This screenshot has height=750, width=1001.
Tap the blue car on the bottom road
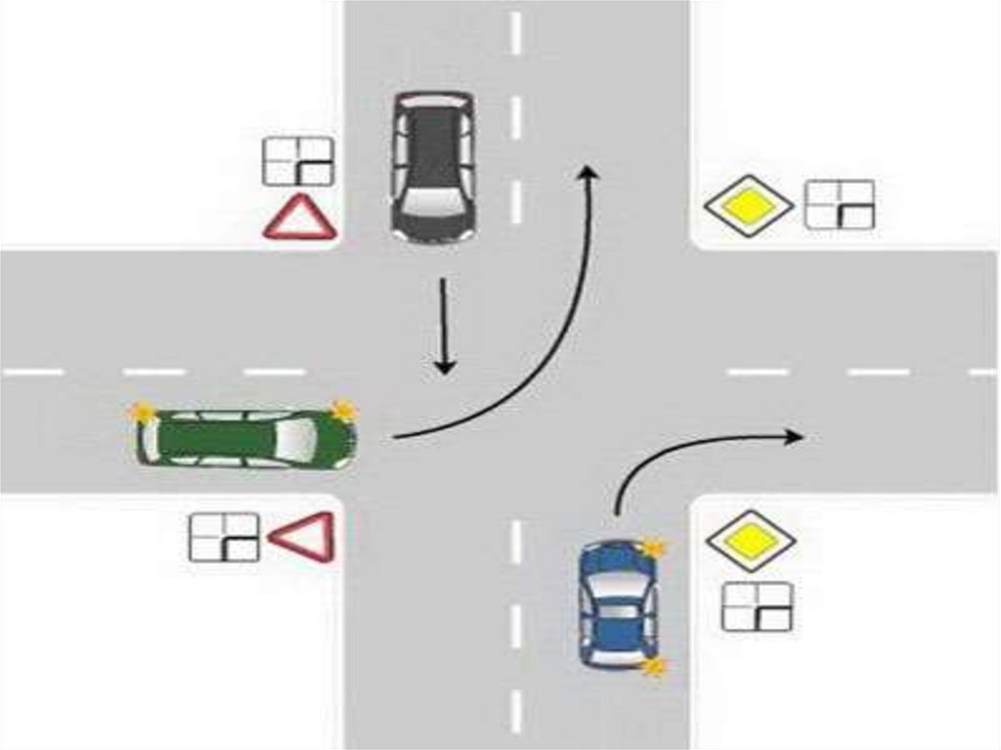point(615,604)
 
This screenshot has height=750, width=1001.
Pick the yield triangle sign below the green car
point(302,537)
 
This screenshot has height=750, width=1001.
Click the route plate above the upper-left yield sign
point(299,161)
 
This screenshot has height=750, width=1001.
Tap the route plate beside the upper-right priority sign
point(840,204)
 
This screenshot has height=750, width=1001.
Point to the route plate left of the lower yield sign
point(224,538)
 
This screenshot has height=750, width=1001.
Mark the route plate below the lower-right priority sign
point(758,606)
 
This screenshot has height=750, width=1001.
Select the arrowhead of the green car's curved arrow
point(588,172)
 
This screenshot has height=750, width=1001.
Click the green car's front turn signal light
point(341,410)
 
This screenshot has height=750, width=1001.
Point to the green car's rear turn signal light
point(145,412)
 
